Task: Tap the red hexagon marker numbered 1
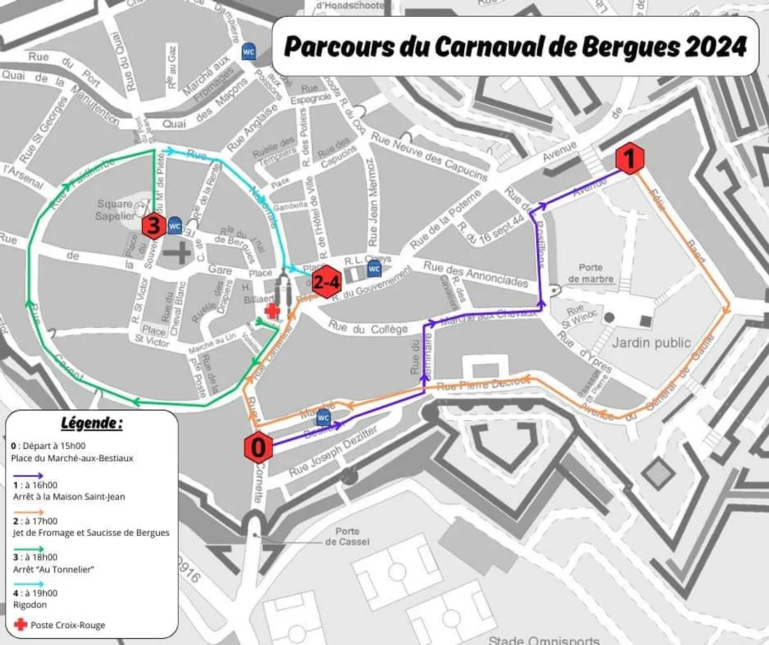pos(628,160)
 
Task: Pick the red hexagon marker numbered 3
pos(154,226)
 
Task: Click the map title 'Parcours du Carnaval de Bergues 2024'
pos(515,47)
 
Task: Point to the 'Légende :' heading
pos(92,423)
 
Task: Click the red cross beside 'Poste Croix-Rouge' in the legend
pos(20,624)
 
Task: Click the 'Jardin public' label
pos(651,343)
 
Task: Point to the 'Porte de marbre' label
pos(591,274)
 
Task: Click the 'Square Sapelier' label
pos(115,209)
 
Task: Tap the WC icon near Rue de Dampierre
pos(248,52)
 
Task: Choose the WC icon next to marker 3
pos(175,226)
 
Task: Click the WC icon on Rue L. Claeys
pos(374,269)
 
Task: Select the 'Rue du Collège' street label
pos(368,327)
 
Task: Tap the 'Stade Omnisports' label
pos(543,639)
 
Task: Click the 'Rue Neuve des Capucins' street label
pos(429,154)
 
